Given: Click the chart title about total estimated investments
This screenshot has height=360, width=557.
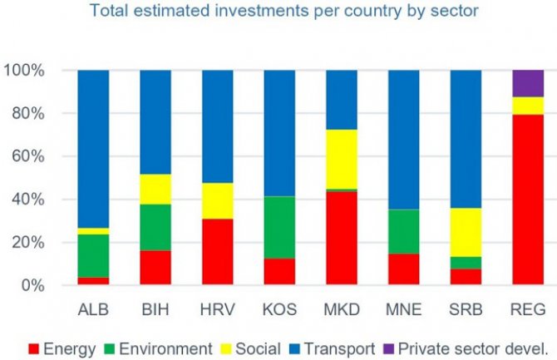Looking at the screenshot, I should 278,12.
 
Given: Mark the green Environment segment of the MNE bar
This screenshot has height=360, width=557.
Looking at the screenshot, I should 404,232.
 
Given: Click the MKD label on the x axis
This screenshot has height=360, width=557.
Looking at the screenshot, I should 342,309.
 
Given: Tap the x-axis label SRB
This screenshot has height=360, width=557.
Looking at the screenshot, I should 466,309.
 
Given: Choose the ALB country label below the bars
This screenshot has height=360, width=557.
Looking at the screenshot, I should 94,309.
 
